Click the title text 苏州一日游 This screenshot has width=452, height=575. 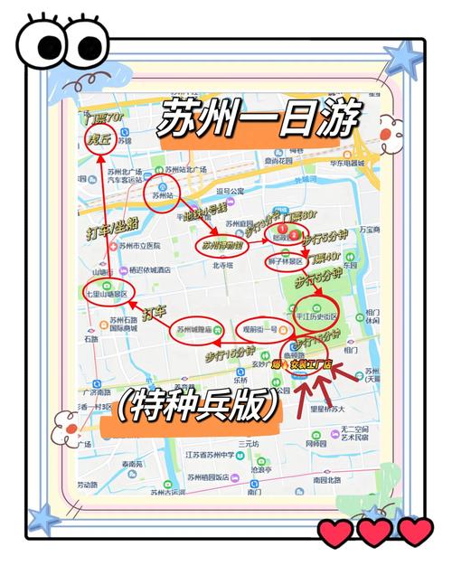pos(259,118)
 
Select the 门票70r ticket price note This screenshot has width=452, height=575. pos(103,118)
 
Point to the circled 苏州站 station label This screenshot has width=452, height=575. pos(164,194)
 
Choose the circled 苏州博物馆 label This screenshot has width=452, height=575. pos(220,244)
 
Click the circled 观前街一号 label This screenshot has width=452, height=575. pos(260,330)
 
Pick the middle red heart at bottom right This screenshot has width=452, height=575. pos(375,533)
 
